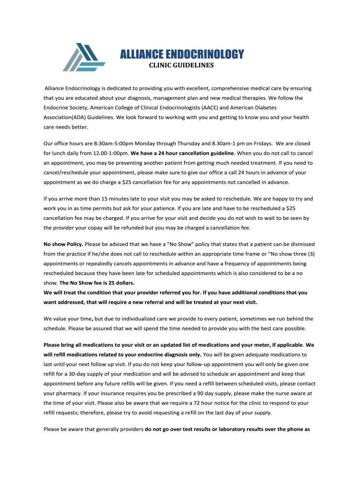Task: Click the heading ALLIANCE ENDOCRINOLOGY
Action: (x=182, y=54)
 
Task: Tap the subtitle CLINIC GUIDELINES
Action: (x=181, y=65)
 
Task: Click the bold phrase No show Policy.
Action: (x=63, y=244)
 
